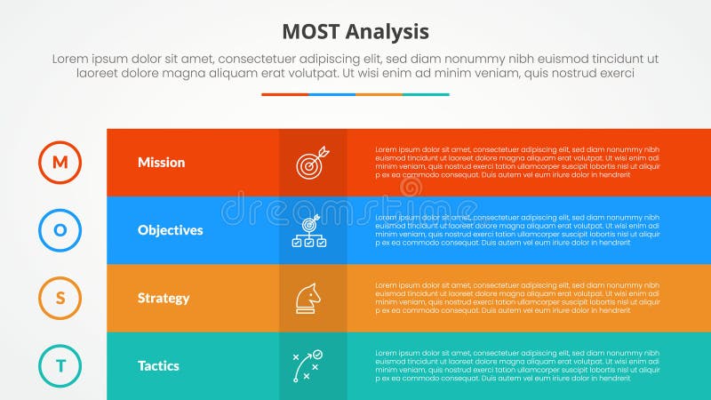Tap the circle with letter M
60,162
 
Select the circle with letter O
60,230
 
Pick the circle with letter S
60,298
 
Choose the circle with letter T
60,365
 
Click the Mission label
161,163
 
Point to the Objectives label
170,230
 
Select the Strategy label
163,298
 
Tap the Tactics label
158,365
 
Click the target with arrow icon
312,162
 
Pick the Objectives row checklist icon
309,231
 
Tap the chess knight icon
308,298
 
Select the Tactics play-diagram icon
308,365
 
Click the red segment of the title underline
284,94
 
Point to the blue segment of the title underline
332,94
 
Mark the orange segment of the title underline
379,94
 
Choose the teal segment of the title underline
426,94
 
